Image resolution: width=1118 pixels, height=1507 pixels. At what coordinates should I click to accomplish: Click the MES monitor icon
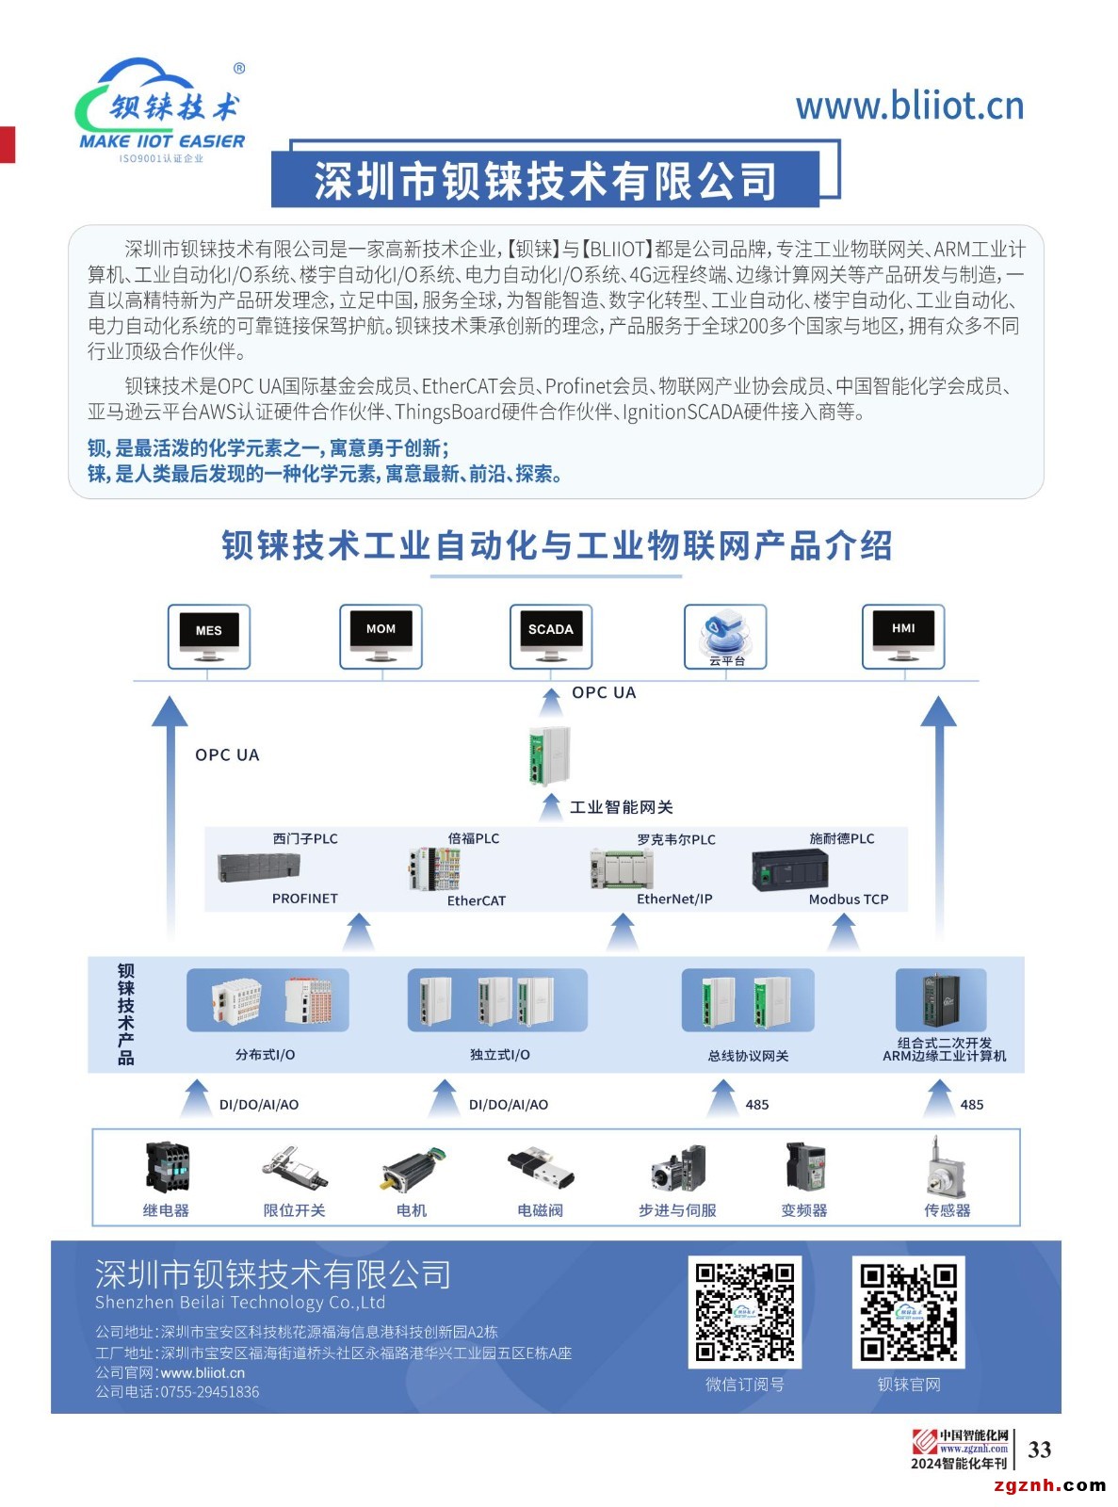[x=209, y=636]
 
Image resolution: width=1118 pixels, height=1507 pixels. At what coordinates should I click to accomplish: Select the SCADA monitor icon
[x=551, y=636]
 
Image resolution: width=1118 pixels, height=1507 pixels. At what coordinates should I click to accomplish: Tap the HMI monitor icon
[x=903, y=635]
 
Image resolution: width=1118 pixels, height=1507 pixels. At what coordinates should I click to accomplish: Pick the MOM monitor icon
[x=381, y=635]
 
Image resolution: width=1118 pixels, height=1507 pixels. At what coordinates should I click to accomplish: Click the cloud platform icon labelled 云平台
[x=725, y=635]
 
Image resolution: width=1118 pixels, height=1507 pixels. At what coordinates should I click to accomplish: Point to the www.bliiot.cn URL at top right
[x=909, y=105]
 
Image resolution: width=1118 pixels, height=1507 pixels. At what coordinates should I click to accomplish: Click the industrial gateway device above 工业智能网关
[x=549, y=755]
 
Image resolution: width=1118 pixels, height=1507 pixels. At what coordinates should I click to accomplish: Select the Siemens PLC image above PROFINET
[x=259, y=867]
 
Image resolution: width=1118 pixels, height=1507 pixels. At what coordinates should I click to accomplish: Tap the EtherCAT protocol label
[x=477, y=901]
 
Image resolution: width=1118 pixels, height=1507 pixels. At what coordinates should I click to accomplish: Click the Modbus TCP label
[x=848, y=899]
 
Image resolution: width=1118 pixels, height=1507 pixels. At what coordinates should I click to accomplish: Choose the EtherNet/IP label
[x=674, y=899]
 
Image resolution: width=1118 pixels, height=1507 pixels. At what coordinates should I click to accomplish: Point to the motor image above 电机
[x=413, y=1169]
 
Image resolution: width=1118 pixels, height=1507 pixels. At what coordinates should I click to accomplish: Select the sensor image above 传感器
[x=945, y=1168]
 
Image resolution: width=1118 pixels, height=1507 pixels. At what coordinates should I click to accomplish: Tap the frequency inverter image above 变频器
[x=805, y=1167]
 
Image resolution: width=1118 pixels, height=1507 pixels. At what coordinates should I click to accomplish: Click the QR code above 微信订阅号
[x=744, y=1312]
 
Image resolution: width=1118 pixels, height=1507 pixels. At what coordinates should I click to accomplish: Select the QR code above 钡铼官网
[x=909, y=1312]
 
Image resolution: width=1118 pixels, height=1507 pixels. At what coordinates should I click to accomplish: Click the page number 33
[x=1040, y=1450]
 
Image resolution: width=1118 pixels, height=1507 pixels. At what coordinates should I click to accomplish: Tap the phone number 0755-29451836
[x=209, y=1392]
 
